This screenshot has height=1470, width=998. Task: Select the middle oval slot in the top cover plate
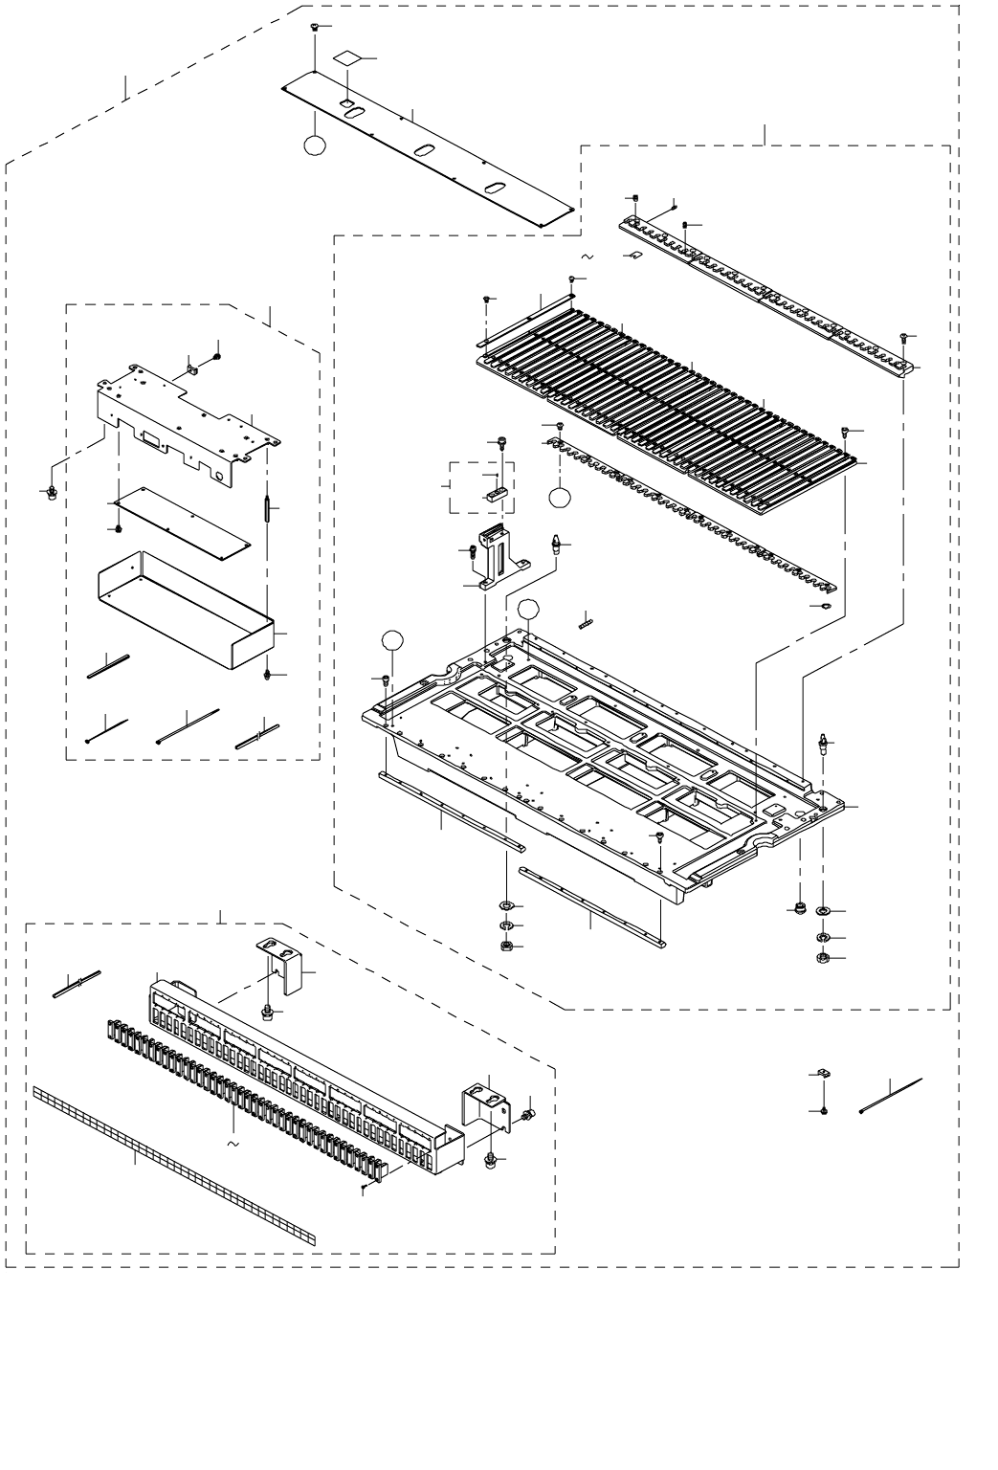click(422, 150)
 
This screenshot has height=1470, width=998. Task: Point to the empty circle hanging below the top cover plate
click(314, 145)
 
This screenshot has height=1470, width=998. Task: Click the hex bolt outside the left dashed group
click(49, 492)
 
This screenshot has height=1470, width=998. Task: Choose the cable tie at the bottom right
click(890, 1095)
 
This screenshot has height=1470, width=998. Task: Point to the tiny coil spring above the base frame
click(586, 620)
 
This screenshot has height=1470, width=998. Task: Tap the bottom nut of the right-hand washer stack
click(823, 957)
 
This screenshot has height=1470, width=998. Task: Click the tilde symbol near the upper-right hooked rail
click(587, 256)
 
